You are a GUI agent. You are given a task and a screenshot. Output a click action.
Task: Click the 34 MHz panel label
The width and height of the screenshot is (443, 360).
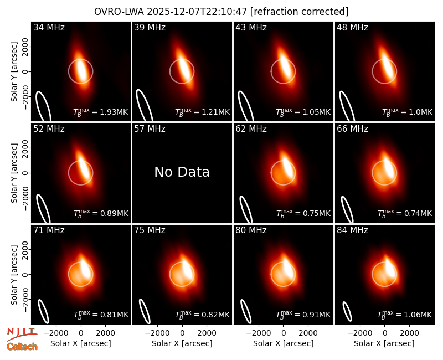pyautogui.click(x=49, y=27)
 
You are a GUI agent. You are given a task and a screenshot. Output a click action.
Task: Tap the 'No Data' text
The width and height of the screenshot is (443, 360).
pyautogui.click(x=182, y=172)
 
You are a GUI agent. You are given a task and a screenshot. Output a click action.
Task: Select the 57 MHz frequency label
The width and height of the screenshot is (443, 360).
pyautogui.click(x=150, y=129)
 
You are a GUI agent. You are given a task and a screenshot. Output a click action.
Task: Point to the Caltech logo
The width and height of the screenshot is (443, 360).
pyautogui.click(x=22, y=347)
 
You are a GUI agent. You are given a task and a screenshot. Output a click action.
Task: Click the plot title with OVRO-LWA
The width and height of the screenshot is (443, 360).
pyautogui.click(x=221, y=12)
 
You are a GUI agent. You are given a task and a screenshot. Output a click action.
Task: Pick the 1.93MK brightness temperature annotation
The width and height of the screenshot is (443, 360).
pyautogui.click(x=101, y=112)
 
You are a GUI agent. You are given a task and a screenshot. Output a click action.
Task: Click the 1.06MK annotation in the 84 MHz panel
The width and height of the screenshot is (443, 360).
pyautogui.click(x=405, y=315)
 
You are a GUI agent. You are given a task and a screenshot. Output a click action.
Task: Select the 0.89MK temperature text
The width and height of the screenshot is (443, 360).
pyautogui.click(x=101, y=213)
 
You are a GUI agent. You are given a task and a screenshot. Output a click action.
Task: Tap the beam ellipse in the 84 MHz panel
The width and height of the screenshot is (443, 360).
pyautogui.click(x=347, y=311)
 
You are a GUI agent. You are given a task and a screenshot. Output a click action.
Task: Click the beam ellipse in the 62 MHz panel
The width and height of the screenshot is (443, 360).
pyautogui.click(x=246, y=209)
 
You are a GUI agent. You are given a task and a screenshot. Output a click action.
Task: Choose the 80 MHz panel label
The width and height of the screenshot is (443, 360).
pyautogui.click(x=251, y=230)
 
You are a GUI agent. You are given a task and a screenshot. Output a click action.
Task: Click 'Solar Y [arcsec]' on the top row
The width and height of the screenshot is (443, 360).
pyautogui.click(x=14, y=72)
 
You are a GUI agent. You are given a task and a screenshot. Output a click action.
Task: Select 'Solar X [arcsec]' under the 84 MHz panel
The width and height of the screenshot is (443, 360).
pyautogui.click(x=384, y=343)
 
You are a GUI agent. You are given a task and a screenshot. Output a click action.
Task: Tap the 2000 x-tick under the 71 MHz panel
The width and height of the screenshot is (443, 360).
pyautogui.click(x=105, y=333)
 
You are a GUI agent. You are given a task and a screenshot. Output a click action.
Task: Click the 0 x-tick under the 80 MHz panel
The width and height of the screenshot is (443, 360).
pyautogui.click(x=284, y=333)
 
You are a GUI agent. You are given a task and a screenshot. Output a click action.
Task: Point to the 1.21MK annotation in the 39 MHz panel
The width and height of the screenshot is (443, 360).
pyautogui.click(x=202, y=112)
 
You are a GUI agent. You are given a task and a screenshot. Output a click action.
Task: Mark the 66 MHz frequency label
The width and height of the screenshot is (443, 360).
pyautogui.click(x=352, y=129)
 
